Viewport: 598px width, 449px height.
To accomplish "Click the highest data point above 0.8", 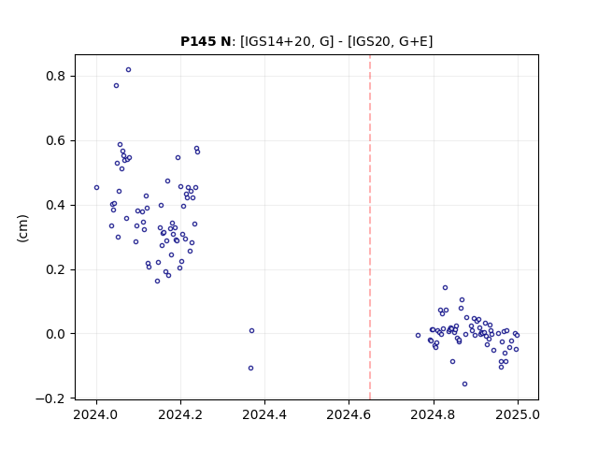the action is tap(129, 70).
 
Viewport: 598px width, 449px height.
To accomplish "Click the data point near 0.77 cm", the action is tap(116, 85).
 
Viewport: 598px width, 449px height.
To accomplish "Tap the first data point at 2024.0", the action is tap(96, 187).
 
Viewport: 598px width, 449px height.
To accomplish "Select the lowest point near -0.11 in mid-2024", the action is tap(250, 368).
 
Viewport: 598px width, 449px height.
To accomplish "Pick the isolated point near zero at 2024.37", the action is tap(251, 330).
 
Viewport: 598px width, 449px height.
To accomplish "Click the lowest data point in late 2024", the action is tap(464, 384).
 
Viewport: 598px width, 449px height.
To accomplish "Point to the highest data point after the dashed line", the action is tap(445, 287).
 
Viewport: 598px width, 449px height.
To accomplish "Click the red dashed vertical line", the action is tap(370, 227).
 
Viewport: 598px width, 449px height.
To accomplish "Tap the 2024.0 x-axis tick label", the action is tap(95, 414).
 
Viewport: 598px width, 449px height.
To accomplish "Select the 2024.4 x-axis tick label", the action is tap(264, 414).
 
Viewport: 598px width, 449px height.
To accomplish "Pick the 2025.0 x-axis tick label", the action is tap(518, 414).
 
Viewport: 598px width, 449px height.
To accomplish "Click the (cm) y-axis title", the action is tap(22, 228).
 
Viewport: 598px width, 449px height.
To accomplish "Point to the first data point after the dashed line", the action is tap(418, 335).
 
